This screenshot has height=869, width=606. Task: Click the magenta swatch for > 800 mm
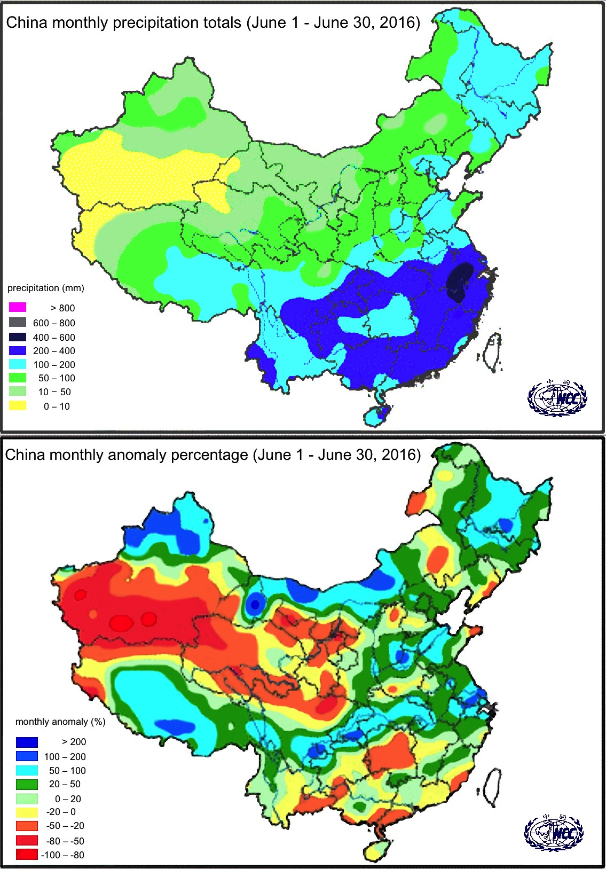coord(18,308)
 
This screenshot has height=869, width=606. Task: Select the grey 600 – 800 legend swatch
coord(18,323)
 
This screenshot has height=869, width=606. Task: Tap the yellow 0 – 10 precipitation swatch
coord(18,406)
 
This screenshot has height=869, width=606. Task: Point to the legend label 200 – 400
coord(54,351)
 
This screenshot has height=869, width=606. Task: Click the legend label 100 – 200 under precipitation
coord(54,365)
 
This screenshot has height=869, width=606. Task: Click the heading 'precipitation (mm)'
coord(46,288)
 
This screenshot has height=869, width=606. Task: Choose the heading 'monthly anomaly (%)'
coord(60,722)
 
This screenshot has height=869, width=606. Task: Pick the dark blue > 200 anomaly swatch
coord(27,742)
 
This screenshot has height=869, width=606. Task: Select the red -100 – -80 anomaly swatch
coord(27,855)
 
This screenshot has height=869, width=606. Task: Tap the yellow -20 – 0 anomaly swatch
coord(27,812)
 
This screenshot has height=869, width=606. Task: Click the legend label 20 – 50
coord(65,784)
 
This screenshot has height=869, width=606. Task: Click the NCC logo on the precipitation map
coord(557,398)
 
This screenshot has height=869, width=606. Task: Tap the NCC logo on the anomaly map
coord(554,832)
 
